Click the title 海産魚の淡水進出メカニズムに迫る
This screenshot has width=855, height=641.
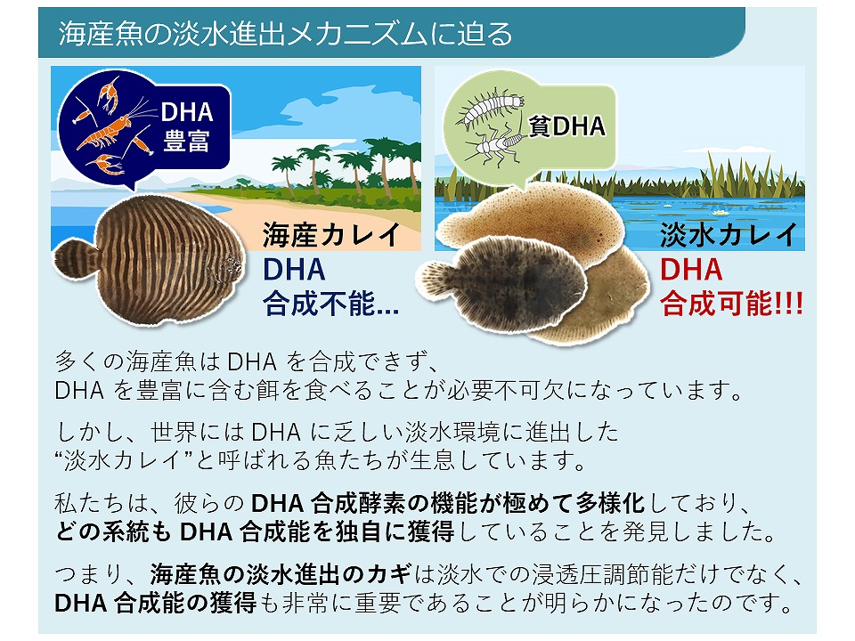click(x=285, y=33)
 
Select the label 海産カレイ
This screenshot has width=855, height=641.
click(x=331, y=235)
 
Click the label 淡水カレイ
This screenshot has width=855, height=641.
click(x=729, y=235)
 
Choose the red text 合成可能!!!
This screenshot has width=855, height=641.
click(x=731, y=304)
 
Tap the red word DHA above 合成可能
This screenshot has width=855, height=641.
click(x=691, y=270)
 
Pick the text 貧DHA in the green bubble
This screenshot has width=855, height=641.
click(x=567, y=126)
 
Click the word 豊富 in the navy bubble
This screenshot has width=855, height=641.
click(x=186, y=142)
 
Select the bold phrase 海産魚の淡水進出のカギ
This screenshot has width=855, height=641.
click(x=281, y=574)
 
